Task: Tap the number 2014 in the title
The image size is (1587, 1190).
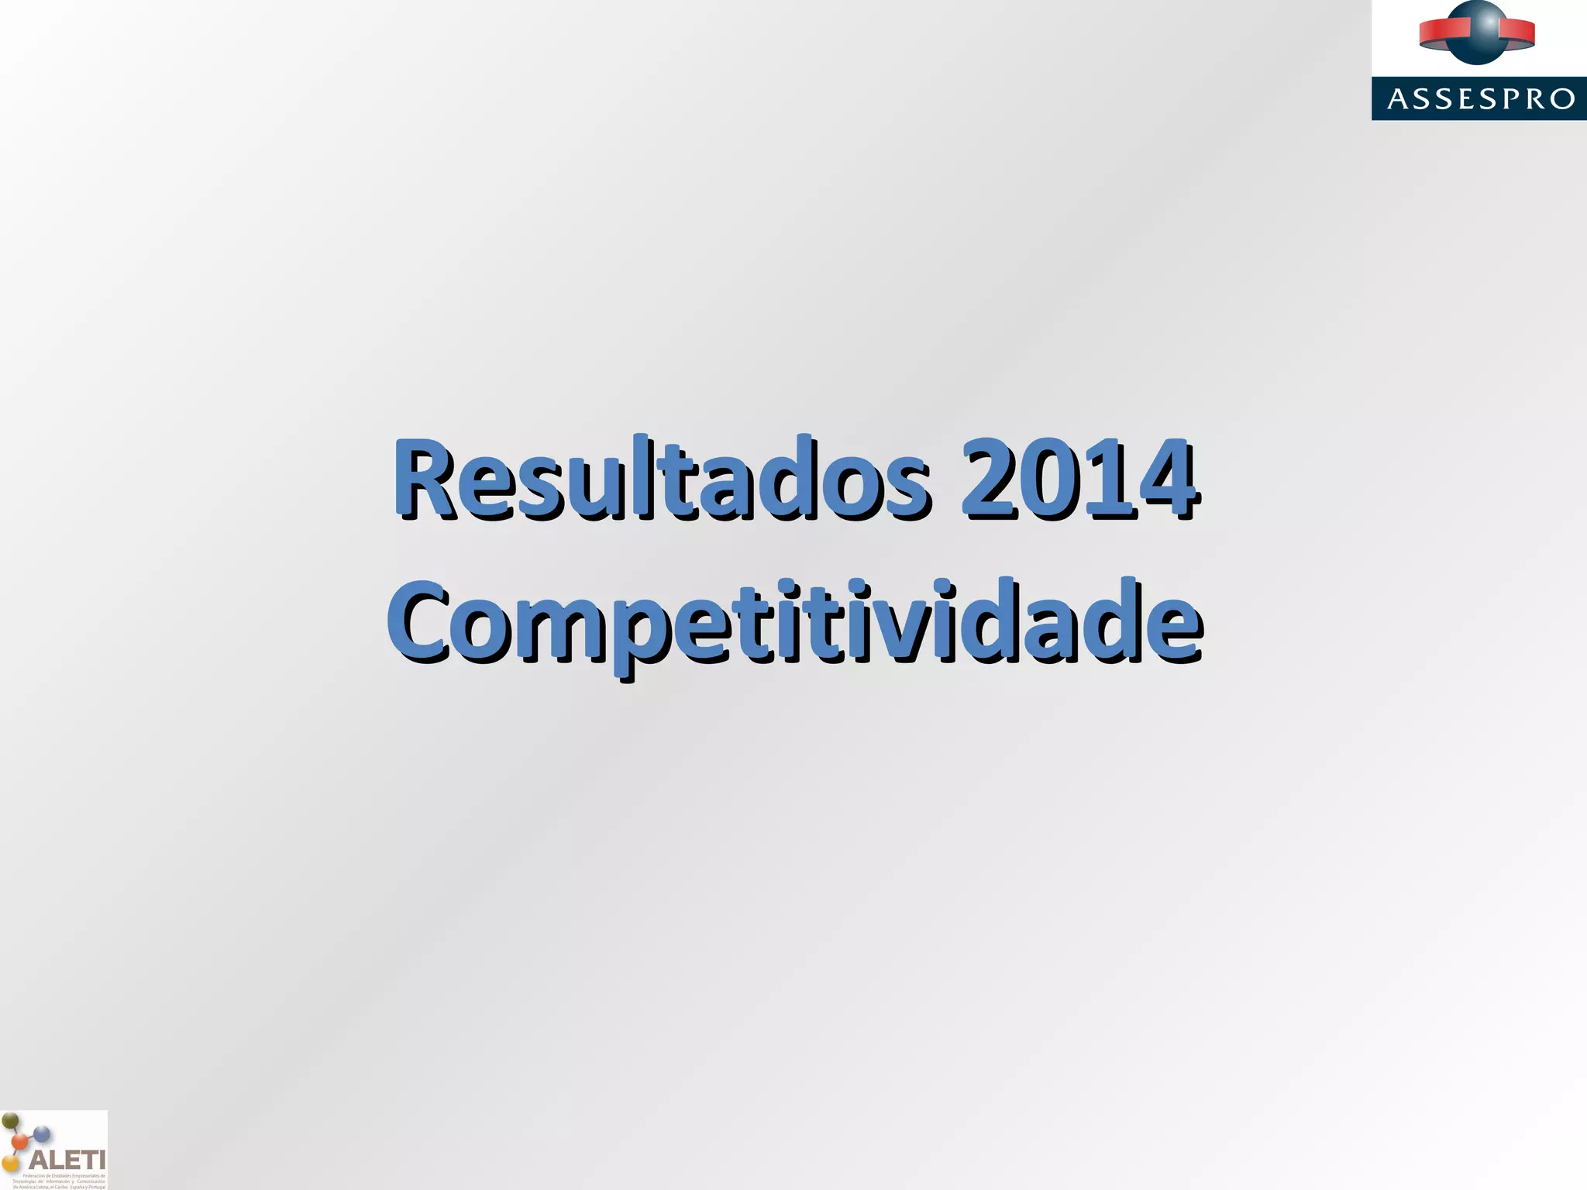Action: pyautogui.click(x=1079, y=478)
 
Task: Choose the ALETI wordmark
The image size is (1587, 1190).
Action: pyautogui.click(x=67, y=1160)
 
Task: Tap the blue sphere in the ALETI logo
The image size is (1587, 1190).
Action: pyautogui.click(x=43, y=1136)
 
